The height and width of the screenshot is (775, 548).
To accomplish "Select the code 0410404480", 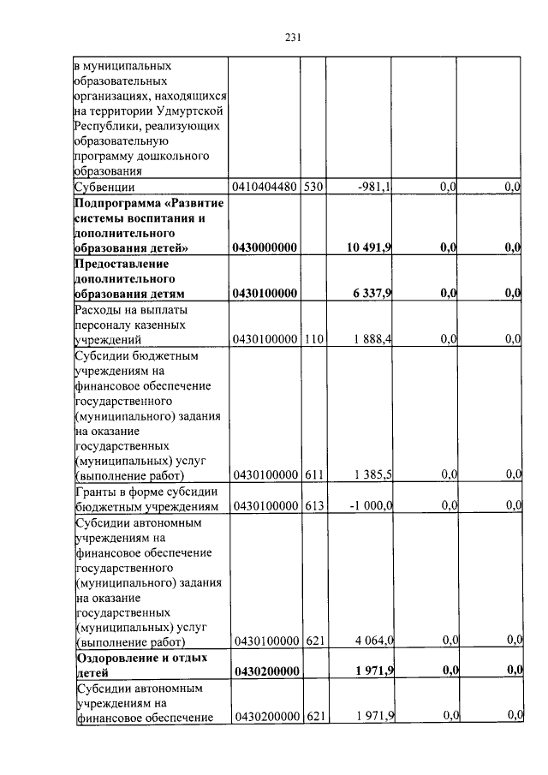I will pos(265,187).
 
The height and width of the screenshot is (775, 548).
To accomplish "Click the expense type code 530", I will pos(313,187).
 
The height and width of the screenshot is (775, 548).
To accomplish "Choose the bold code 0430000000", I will pos(265,247).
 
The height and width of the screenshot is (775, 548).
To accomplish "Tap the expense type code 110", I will pos(313,340).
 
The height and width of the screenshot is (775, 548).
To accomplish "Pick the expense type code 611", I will pos(313,474).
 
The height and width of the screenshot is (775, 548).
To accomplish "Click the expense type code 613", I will pos(313,505).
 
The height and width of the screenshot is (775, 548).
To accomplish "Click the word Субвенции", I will pos(106,187).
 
